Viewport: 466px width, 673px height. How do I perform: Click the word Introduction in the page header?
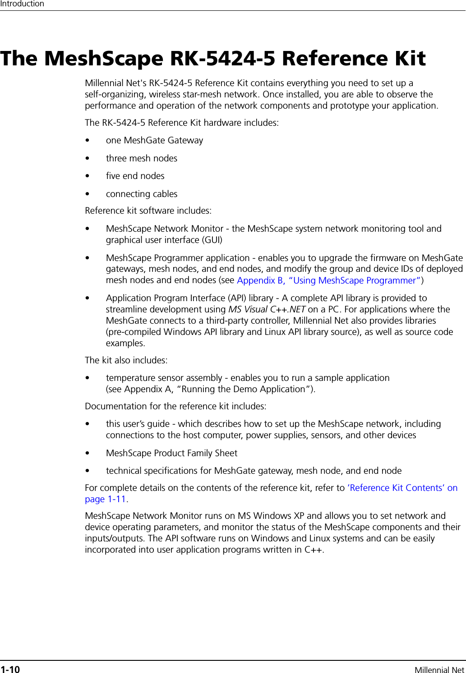click(x=22, y=4)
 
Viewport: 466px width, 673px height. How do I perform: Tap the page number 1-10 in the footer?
click(x=10, y=669)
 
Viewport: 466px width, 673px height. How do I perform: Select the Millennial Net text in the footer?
click(x=439, y=670)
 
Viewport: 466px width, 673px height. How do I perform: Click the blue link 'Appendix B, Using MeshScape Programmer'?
click(x=330, y=280)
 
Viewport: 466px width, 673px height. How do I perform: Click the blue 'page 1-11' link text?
click(x=105, y=499)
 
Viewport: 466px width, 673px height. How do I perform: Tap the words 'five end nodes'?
click(x=135, y=176)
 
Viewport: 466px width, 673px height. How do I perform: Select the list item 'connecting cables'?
click(x=141, y=194)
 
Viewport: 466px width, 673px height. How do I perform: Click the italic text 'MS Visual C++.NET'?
click(x=267, y=309)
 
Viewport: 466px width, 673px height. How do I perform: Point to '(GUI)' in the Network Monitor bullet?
click(x=212, y=240)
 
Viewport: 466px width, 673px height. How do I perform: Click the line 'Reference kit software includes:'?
click(x=148, y=211)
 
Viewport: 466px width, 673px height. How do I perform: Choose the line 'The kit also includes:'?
click(x=126, y=360)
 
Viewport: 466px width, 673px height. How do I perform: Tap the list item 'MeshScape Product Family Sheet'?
click(x=171, y=453)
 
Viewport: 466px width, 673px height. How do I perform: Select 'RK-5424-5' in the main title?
click(x=222, y=59)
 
